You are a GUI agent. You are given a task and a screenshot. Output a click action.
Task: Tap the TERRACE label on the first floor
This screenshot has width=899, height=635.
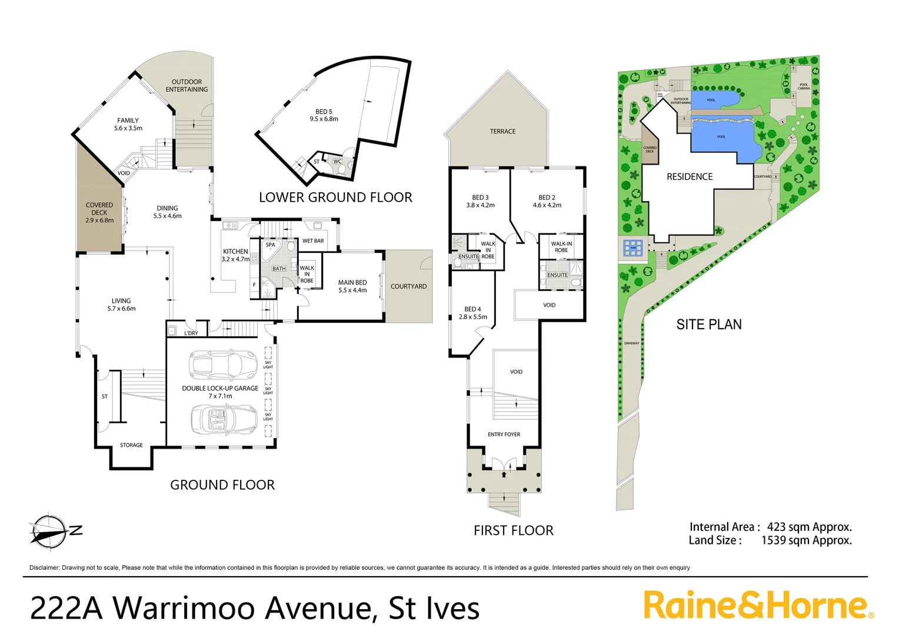pyautogui.click(x=502, y=132)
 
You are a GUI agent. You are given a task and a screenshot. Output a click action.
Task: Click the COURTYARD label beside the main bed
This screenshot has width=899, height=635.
pyautogui.click(x=408, y=286)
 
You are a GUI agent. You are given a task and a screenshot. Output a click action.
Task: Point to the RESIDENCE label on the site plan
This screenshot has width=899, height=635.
pyautogui.click(x=689, y=176)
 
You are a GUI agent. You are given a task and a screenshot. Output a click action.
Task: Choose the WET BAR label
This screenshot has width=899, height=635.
pyautogui.click(x=313, y=241)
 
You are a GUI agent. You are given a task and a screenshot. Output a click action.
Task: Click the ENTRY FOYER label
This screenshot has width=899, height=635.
pyautogui.click(x=504, y=435)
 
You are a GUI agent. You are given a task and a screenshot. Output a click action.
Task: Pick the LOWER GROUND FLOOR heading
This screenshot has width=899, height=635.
pyautogui.click(x=335, y=198)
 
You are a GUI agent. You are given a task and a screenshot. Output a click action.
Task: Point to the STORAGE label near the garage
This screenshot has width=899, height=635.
pyautogui.click(x=131, y=445)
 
